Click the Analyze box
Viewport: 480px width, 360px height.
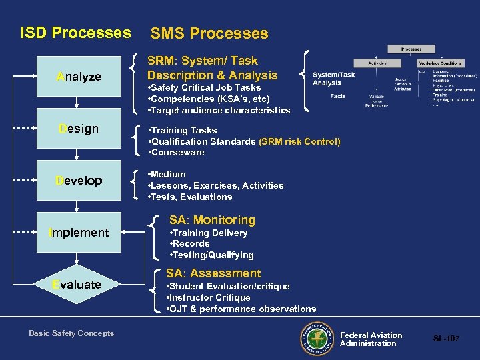point(79,77)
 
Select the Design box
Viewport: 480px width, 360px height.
point(79,129)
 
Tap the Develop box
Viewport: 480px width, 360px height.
point(79,181)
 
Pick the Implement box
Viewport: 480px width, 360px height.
point(79,233)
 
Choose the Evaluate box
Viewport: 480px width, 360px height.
point(79,285)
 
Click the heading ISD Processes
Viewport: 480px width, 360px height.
point(75,33)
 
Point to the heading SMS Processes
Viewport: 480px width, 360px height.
point(209,33)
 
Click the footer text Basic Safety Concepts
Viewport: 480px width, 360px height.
point(71,333)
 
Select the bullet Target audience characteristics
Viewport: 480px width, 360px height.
point(220,110)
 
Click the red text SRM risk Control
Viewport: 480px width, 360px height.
point(299,141)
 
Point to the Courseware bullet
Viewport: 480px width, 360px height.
point(177,153)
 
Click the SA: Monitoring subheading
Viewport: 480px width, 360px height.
point(212,220)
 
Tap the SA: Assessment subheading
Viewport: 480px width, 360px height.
point(213,273)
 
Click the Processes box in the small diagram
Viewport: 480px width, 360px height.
point(411,49)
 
